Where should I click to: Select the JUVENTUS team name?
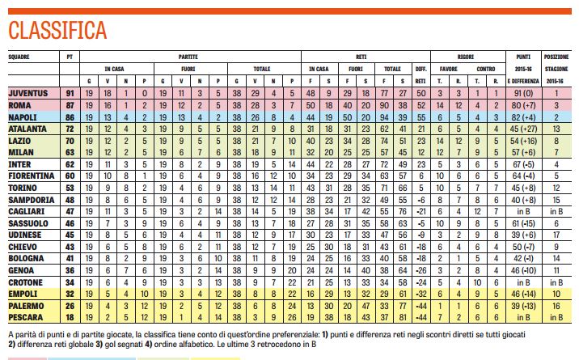click(28, 94)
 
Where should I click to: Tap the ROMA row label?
click(20, 106)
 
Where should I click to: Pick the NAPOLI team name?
click(23, 117)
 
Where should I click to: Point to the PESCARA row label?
click(27, 319)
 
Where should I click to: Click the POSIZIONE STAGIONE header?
click(556, 61)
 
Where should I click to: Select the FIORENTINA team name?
click(32, 175)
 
